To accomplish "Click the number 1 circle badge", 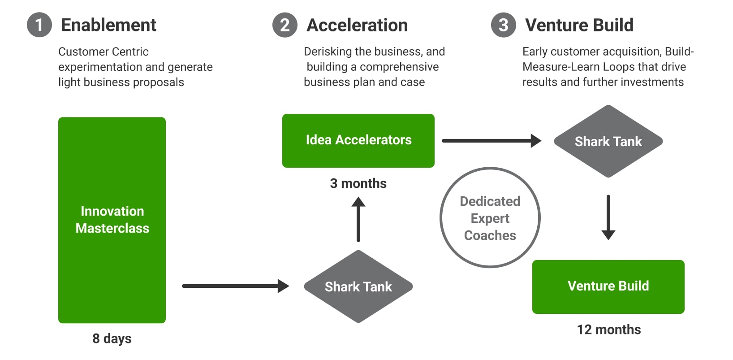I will pos(39,25).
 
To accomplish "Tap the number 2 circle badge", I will pos(285,25).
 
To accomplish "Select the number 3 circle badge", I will pos(504,25).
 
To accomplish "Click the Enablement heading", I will pos(108,25).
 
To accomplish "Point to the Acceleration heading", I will pos(357,25).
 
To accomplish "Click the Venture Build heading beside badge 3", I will pos(579,25).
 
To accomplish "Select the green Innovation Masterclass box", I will pos(112,220).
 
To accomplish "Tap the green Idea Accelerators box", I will pos(358,140).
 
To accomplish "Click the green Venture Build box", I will pos(608,286).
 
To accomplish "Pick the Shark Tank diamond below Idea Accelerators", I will pos(358,286).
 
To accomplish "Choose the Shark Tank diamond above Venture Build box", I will pos(608,142).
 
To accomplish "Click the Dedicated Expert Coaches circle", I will pos(490,218).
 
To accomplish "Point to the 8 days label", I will pos(112,338).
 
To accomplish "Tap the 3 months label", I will pos(358,183).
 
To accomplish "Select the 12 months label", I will pos(609,330).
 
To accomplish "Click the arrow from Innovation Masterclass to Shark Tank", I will pos(235,286).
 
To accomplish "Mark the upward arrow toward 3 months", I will pos(358,220).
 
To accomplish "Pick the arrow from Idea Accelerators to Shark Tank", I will pos(491,141).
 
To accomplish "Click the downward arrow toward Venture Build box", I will pos(608,217).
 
